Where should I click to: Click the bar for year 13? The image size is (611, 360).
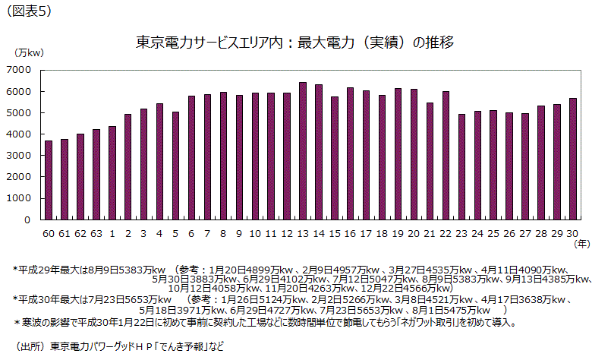click(x=303, y=151)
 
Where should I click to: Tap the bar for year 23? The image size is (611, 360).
click(x=461, y=167)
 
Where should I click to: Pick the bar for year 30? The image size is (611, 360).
click(x=573, y=159)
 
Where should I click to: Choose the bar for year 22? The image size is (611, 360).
click(x=446, y=156)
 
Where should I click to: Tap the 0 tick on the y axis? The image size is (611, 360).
click(x=27, y=220)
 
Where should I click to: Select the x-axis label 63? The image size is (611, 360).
click(x=96, y=233)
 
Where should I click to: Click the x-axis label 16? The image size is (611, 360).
click(x=350, y=233)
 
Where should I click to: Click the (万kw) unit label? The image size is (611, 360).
click(x=30, y=52)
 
